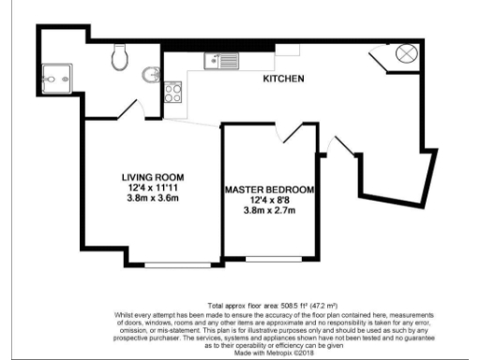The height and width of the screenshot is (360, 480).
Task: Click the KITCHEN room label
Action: pyautogui.click(x=282, y=79)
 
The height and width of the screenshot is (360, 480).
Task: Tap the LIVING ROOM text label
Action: pyautogui.click(x=152, y=177)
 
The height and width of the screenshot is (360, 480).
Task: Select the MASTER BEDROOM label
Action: pyautogui.click(x=269, y=189)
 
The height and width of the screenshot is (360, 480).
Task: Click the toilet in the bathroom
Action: pyautogui.click(x=119, y=59)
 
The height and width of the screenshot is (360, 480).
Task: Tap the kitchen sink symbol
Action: pyautogui.click(x=222, y=62)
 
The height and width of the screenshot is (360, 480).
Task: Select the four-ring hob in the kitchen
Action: pyautogui.click(x=173, y=93)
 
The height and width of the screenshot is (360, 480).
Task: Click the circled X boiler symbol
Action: pyautogui.click(x=407, y=53)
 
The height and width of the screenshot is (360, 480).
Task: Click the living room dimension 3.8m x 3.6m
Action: pyautogui.click(x=152, y=198)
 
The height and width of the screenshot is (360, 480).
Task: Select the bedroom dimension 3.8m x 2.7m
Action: pyautogui.click(x=269, y=210)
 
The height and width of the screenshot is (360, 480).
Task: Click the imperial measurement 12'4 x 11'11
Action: pyautogui.click(x=152, y=187)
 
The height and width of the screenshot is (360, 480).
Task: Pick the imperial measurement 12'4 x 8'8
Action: pyautogui.click(x=269, y=200)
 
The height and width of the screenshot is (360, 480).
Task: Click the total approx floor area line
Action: pyautogui.click(x=268, y=306)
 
